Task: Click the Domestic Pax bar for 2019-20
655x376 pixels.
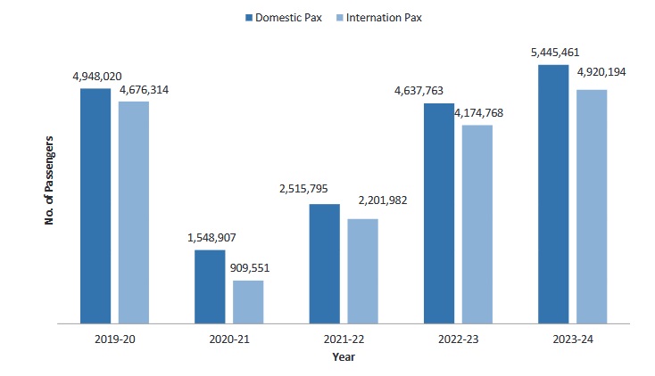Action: (95, 205)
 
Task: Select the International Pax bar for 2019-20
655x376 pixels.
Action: (134, 211)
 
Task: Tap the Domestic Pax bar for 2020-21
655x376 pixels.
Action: (210, 285)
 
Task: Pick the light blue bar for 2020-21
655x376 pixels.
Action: (248, 301)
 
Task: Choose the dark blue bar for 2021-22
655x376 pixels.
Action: (324, 263)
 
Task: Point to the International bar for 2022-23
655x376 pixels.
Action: (477, 223)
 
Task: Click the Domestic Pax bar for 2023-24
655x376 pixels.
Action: (553, 192)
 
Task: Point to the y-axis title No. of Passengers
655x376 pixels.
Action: (50, 180)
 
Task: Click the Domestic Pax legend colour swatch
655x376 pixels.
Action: (248, 17)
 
